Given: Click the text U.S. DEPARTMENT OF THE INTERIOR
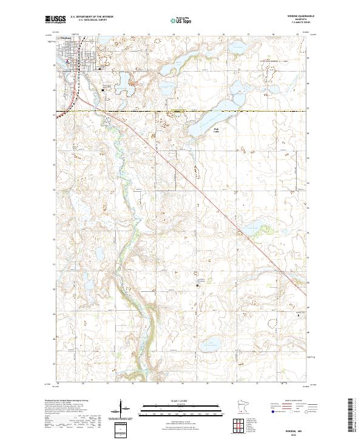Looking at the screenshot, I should point(92,17).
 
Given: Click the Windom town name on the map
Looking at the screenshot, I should point(67,38).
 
